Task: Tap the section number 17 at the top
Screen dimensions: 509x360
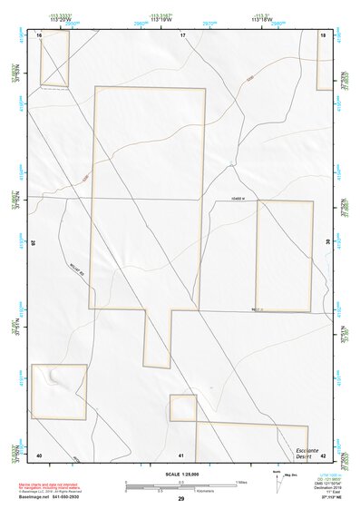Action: [x=182, y=34]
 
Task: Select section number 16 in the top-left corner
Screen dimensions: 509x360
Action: [x=40, y=34]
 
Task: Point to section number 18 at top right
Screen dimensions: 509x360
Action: [x=323, y=34]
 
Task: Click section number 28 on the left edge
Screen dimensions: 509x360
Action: [x=34, y=242]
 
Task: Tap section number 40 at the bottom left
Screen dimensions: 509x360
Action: [x=39, y=455]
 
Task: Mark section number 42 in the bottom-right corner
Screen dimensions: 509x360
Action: [x=323, y=455]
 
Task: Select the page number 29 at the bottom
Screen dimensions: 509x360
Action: [x=181, y=499]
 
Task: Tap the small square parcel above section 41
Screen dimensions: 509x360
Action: [x=183, y=407]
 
